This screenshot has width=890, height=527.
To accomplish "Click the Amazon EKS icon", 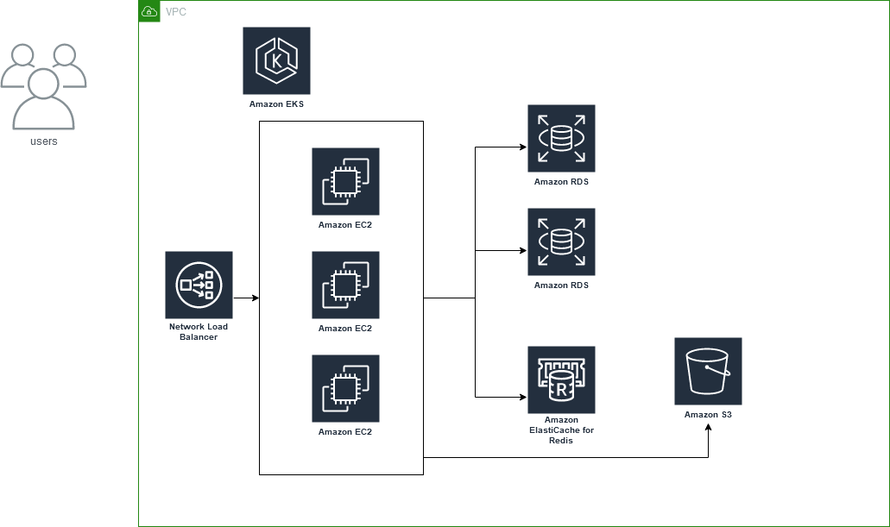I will (x=276, y=60).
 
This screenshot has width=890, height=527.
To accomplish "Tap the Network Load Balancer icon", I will (x=199, y=285).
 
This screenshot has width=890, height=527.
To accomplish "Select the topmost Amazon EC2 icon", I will (x=345, y=181).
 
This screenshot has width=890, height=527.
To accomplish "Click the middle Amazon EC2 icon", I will (x=345, y=285).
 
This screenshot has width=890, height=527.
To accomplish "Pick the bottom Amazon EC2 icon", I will (x=345, y=388).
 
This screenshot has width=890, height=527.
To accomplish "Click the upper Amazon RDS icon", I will (x=561, y=138).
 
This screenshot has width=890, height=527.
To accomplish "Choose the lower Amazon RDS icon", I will (x=561, y=242).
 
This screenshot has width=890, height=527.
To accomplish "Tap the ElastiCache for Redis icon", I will (x=561, y=380).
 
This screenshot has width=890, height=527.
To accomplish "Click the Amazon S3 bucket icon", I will (x=708, y=371).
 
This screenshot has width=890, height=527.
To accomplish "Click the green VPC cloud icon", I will (x=149, y=11).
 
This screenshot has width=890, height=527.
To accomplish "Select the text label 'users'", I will (x=43, y=141).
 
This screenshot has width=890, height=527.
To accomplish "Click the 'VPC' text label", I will (x=175, y=11).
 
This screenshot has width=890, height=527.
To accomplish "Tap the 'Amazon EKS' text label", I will (x=276, y=104).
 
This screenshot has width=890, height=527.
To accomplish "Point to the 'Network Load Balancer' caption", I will (x=199, y=332).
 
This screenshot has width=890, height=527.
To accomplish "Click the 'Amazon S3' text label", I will (x=708, y=415).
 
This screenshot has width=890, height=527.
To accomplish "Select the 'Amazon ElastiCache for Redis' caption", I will (x=561, y=430).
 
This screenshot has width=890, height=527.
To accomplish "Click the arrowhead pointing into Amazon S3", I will (x=709, y=428).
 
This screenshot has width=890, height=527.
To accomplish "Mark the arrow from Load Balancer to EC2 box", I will (x=246, y=298).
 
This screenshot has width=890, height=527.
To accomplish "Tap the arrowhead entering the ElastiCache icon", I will (x=522, y=397).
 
